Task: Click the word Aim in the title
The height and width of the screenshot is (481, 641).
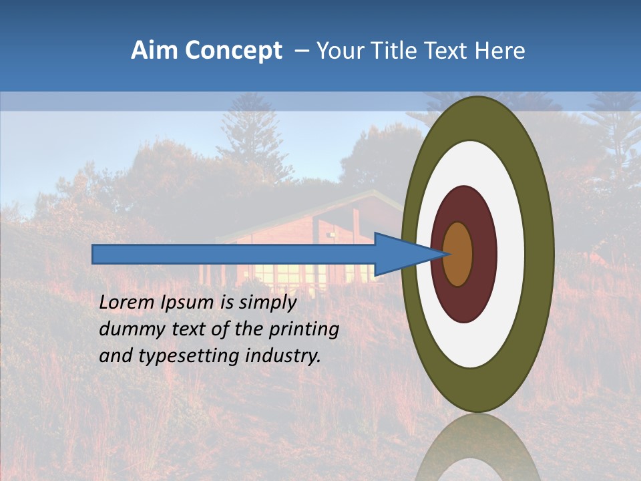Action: click(155, 51)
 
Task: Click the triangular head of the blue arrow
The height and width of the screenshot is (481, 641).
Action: click(401, 254)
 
